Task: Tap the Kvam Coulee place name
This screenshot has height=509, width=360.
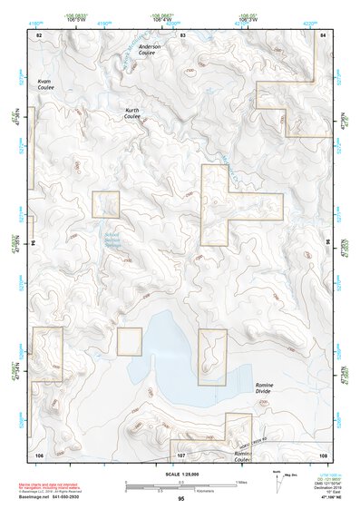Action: [45, 83]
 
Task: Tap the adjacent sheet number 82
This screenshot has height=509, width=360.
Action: [39, 34]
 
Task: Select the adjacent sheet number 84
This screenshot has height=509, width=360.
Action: [323, 34]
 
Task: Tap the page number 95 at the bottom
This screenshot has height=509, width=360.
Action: [181, 498]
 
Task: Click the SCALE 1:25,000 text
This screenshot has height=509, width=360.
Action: [180, 475]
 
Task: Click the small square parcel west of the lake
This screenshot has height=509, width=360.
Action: [130, 341]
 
